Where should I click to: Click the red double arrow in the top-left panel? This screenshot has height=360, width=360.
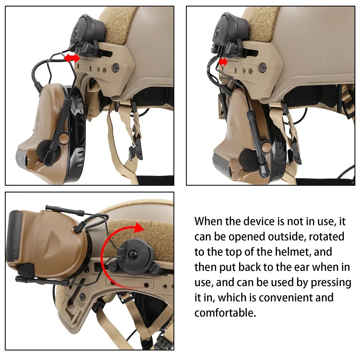(72, 58)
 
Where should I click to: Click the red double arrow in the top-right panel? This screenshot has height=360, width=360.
(223, 62)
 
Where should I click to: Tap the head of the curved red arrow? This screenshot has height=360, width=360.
(138, 228)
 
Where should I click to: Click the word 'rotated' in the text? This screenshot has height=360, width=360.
(327, 237)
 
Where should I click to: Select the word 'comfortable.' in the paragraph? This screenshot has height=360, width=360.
(225, 313)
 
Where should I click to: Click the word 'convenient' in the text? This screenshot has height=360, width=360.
(285, 298)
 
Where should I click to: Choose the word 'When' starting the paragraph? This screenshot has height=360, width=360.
(209, 221)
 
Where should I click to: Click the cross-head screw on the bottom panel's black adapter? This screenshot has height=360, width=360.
(133, 254)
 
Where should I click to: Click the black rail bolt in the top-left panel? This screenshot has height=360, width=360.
(116, 67)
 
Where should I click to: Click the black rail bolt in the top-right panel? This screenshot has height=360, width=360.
(263, 66)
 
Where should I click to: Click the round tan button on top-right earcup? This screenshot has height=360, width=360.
(266, 146)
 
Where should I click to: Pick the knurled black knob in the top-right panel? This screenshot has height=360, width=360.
(231, 48)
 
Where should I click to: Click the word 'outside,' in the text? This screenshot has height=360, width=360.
(287, 237)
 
